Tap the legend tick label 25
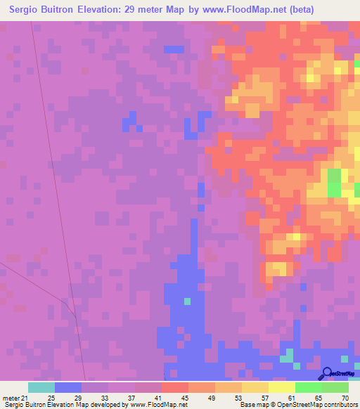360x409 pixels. tap(51, 397)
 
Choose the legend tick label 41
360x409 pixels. tap(157, 397)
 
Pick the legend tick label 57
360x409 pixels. tap(264, 397)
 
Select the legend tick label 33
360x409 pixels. tap(104, 397)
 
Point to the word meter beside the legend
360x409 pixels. tap(11, 397)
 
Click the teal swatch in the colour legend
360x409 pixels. tap(41, 387)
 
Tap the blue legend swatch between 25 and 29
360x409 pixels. tap(67, 387)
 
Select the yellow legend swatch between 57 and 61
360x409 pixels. tap(281, 387)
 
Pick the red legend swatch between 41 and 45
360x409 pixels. tap(174, 387)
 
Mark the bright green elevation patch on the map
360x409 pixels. tap(334, 181)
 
